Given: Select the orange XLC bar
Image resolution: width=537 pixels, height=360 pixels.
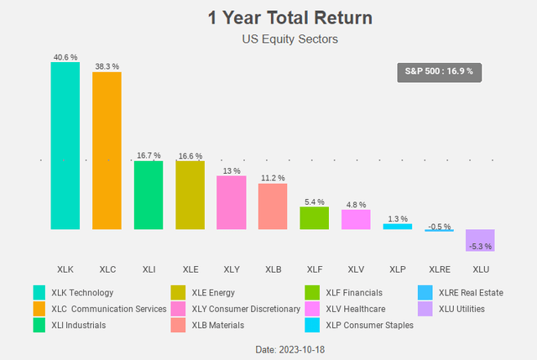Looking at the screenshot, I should [107, 150].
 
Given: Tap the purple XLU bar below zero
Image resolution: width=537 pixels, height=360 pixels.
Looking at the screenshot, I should [480, 240].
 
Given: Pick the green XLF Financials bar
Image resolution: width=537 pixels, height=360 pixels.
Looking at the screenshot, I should [314, 218].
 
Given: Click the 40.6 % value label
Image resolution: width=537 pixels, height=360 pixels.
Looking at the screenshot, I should [65, 56].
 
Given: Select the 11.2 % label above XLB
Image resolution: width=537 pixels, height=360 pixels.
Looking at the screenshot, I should [273, 178].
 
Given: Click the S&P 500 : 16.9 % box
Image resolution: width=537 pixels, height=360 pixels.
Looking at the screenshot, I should [439, 71].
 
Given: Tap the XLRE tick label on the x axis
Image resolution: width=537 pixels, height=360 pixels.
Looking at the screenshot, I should [439, 269].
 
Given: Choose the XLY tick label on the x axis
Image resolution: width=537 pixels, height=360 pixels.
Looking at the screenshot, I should [231, 269].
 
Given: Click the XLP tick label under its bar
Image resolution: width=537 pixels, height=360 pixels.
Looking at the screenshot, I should [397, 269].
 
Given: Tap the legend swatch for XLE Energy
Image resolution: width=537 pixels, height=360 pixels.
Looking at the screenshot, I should [179, 293].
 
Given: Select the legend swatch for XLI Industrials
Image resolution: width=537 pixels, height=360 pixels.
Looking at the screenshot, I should [39, 325].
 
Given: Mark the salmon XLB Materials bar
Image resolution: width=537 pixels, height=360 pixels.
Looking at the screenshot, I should [273, 206].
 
